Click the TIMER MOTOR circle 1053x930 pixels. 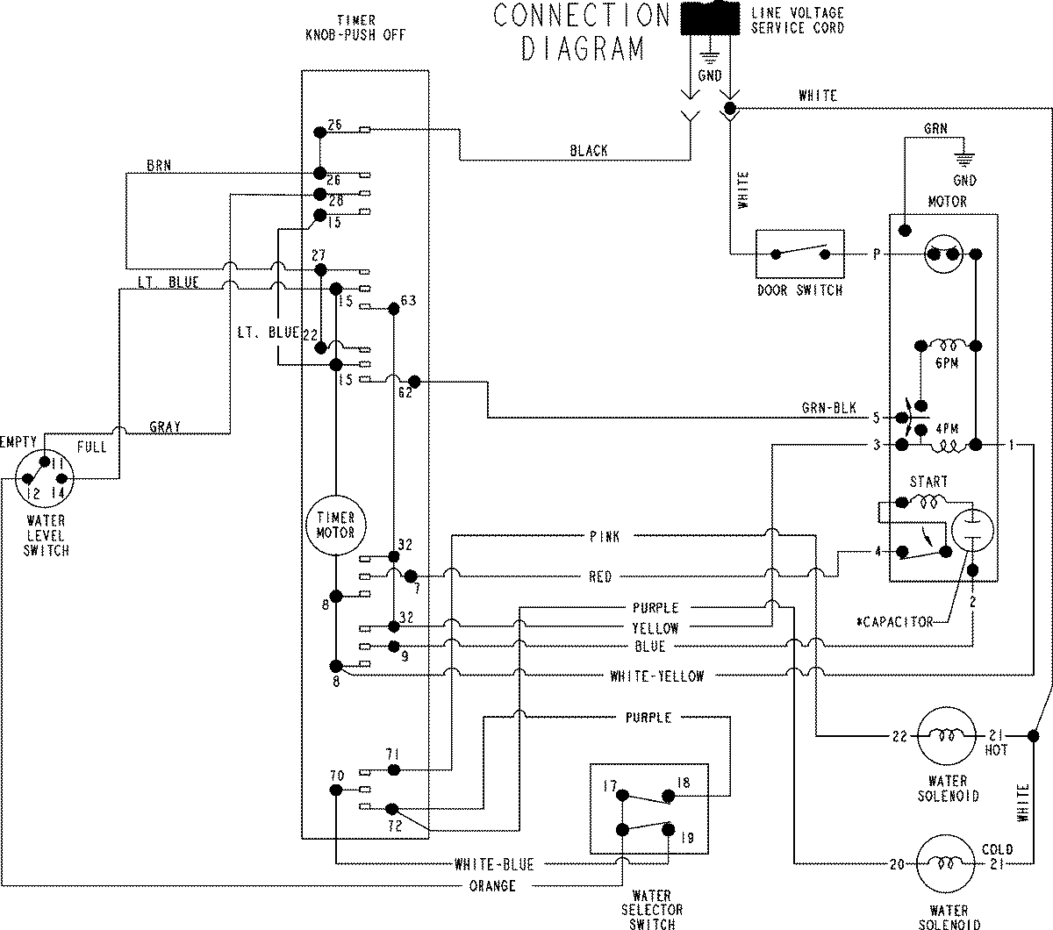tap(335, 526)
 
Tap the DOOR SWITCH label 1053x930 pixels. tap(799, 290)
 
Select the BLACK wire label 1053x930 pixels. tap(588, 151)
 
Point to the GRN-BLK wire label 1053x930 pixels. tap(828, 409)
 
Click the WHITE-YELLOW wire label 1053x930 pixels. tap(656, 676)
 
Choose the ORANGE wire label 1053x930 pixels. tap(492, 886)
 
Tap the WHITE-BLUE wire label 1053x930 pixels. tap(494, 864)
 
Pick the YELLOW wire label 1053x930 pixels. tap(655, 628)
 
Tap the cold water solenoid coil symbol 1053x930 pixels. tap(946, 864)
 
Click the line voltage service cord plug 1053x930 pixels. tap(709, 18)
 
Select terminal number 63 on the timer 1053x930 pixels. tap(407, 300)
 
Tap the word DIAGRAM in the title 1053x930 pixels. tap(583, 47)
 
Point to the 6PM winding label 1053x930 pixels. tap(946, 362)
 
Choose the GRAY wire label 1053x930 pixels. tap(164, 427)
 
